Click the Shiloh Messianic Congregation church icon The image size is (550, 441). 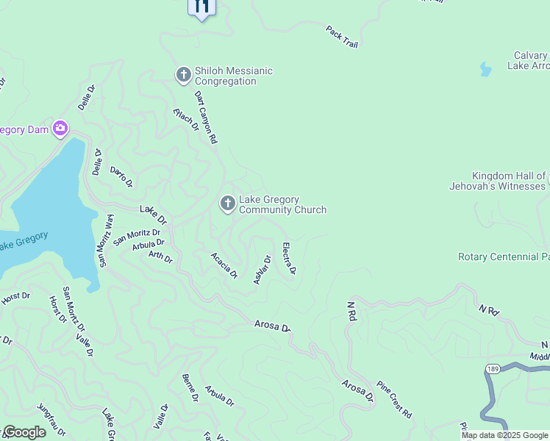tap(183, 75)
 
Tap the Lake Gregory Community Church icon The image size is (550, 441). tap(228, 204)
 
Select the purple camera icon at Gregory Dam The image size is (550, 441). tap(60, 129)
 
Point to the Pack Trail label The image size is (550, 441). tap(342, 36)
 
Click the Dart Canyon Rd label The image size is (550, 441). tap(207, 116)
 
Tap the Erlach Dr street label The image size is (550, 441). tap(187, 119)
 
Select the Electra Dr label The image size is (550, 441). tap(289, 259)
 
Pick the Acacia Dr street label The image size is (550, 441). tap(224, 265)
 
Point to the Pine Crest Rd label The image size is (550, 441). tap(395, 398)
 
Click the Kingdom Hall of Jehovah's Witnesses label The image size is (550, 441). tap(499, 181)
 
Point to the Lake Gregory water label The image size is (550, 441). tap(22, 240)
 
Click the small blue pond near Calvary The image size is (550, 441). tap(485, 70)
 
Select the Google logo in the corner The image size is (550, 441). tap(24, 432)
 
